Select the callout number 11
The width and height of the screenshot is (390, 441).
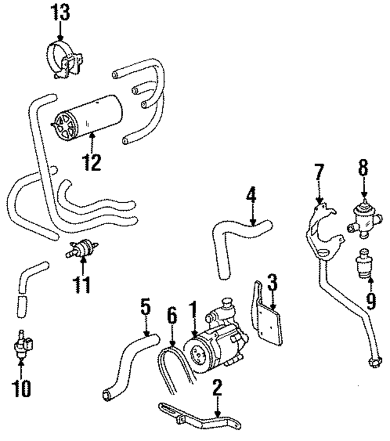83,284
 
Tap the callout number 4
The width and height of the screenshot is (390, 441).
251,196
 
